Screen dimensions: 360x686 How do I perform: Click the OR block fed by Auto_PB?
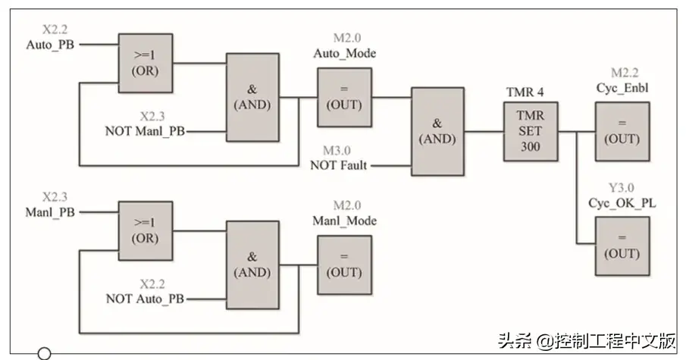(145, 63)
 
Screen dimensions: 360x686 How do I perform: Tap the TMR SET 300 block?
(531, 131)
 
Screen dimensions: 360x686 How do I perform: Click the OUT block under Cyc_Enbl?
(621, 131)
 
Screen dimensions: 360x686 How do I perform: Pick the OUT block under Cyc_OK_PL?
(621, 246)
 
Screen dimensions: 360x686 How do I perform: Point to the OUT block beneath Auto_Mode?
(344, 96)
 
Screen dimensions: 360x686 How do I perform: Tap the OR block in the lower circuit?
(145, 231)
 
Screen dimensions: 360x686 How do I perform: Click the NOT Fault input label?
(339, 164)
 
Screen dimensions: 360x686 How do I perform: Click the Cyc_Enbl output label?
(622, 88)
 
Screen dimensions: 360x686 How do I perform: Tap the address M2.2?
(622, 73)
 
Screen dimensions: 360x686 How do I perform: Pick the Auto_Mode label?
(344, 53)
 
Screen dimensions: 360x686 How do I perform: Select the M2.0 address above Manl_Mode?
(344, 205)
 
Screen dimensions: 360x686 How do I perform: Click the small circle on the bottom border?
(44, 353)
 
